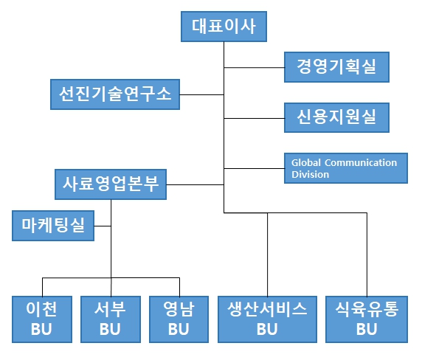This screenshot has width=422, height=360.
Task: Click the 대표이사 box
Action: click(224, 27)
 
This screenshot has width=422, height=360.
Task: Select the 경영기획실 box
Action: click(336, 67)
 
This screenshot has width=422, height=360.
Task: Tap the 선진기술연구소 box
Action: click(114, 94)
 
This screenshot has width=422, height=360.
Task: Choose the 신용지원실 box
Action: click(336, 115)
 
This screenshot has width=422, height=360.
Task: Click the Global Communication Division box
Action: click(345, 168)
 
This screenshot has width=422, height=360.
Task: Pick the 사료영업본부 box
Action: click(111, 184)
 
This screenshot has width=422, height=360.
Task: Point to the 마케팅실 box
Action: click(53, 226)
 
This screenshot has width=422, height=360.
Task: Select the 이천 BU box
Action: click(41, 319)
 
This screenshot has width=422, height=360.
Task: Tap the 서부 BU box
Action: click(111, 319)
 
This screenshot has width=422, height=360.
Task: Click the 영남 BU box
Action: click(179, 319)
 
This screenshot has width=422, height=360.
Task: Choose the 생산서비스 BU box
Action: click(267, 319)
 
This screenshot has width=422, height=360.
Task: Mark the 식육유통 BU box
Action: click(367, 319)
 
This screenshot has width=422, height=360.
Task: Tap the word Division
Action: click(310, 175)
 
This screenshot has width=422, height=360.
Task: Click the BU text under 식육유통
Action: click(367, 329)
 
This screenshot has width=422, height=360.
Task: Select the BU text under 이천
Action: click(41, 329)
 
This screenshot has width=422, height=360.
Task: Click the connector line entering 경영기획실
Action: click(255, 68)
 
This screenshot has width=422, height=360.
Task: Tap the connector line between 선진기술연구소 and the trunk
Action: click(201, 94)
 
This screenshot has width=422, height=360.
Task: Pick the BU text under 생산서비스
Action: click(267, 329)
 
